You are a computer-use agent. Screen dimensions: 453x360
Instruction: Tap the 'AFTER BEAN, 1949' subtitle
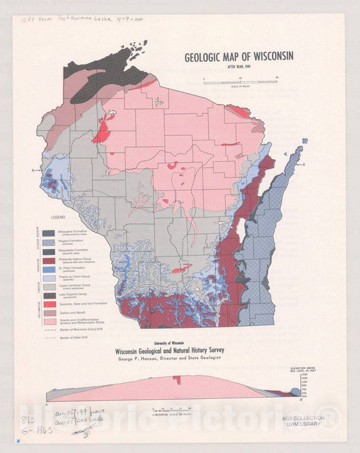pyautogui.click(x=239, y=68)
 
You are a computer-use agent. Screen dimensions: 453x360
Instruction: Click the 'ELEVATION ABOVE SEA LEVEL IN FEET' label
pyautogui.click(x=306, y=371)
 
